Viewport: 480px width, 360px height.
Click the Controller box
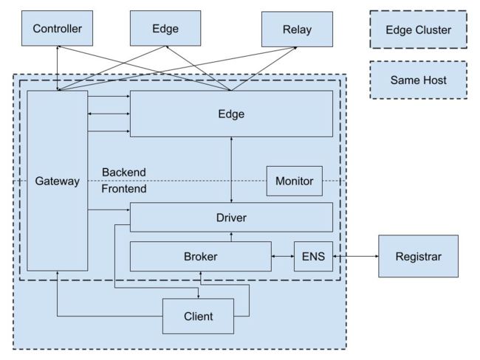(58, 29)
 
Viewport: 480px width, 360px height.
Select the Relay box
(297, 30)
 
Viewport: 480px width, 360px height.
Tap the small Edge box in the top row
(165, 29)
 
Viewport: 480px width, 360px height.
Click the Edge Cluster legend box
(419, 30)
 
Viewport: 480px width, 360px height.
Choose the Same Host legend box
(419, 80)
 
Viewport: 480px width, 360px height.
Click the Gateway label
(58, 181)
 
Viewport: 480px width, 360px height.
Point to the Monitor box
(295, 181)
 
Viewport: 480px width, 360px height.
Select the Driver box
(231, 217)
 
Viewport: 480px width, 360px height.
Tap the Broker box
(201, 256)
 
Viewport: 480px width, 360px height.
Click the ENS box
(313, 256)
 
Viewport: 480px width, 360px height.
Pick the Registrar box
(419, 256)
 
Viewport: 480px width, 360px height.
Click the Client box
(199, 316)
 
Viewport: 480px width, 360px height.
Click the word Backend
(124, 172)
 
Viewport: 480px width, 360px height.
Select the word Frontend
(124, 189)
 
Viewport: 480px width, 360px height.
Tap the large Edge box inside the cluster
(231, 114)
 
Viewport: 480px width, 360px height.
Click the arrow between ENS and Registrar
(356, 256)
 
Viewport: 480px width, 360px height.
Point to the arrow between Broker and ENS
(283, 256)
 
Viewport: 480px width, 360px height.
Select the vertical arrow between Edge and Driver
(231, 170)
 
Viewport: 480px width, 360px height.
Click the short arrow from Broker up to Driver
(231, 237)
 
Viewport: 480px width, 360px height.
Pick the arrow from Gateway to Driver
(109, 210)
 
